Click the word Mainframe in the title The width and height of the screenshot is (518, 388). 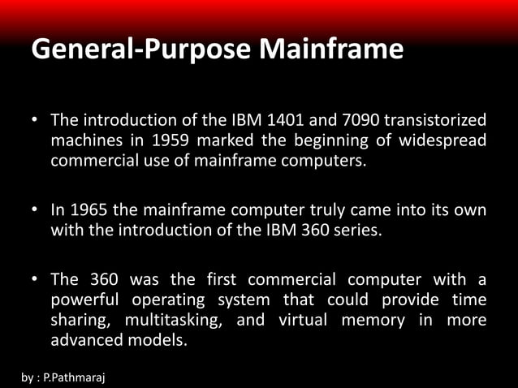332,50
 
